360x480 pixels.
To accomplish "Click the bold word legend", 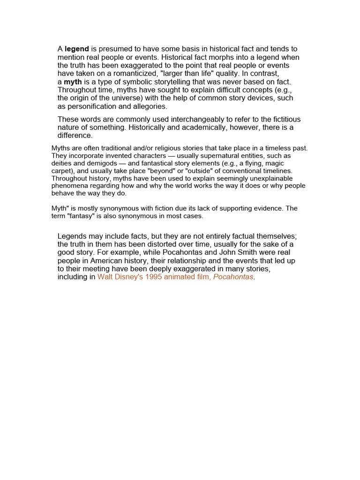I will (77, 49).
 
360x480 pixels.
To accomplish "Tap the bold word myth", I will (73, 82).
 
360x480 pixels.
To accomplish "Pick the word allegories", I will (150, 106).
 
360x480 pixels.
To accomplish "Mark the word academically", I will (210, 127).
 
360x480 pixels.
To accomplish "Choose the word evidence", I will (268, 209).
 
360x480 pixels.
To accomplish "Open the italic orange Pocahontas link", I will (233, 277).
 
